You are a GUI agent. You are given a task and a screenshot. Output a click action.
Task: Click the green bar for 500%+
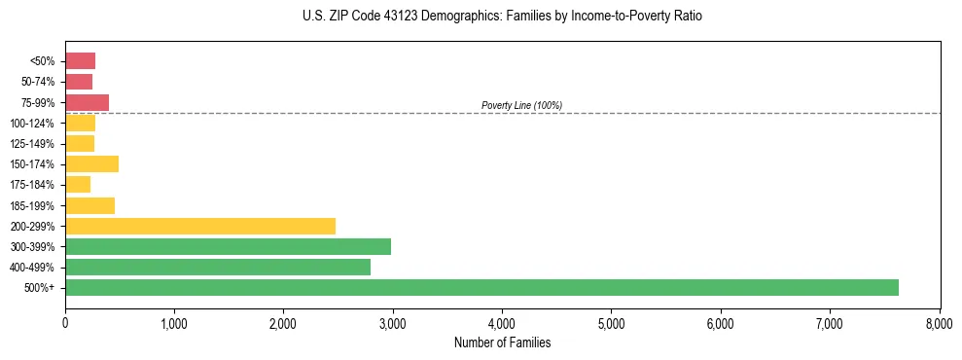pos(481,287)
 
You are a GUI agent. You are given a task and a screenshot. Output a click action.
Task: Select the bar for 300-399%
pos(228,246)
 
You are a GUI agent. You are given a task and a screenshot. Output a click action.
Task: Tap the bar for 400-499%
pos(218,267)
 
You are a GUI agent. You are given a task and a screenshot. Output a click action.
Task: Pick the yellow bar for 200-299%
pos(200,226)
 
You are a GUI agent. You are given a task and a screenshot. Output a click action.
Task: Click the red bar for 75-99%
pos(87,102)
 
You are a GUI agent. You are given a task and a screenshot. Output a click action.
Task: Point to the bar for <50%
pos(80,60)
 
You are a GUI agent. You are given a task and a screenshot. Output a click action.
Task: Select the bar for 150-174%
pos(91,163)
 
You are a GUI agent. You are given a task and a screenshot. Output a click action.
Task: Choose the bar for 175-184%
pos(78,184)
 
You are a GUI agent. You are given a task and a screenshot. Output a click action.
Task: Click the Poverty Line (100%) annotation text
pos(521,105)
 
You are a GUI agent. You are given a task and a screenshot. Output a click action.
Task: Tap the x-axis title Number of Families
pos(502,342)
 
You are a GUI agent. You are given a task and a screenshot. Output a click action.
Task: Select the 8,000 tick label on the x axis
pos(939,322)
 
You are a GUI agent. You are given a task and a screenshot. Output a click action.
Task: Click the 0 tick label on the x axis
pos(65,322)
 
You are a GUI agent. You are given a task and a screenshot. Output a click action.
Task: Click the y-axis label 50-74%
pos(39,82)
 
